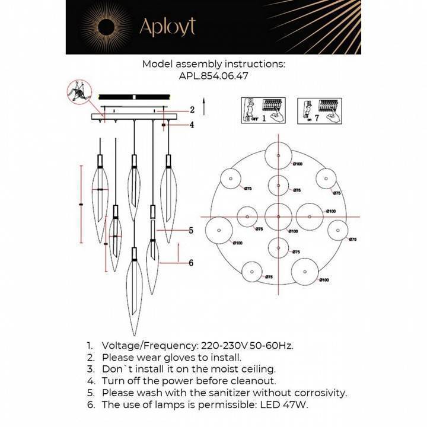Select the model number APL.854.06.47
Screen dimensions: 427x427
click(213, 76)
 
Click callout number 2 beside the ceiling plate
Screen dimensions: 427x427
click(192, 110)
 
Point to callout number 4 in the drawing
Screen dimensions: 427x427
click(192, 125)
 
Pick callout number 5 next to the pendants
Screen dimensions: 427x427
click(192, 231)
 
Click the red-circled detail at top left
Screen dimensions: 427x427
click(79, 93)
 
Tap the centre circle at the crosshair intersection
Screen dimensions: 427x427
click(277, 216)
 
